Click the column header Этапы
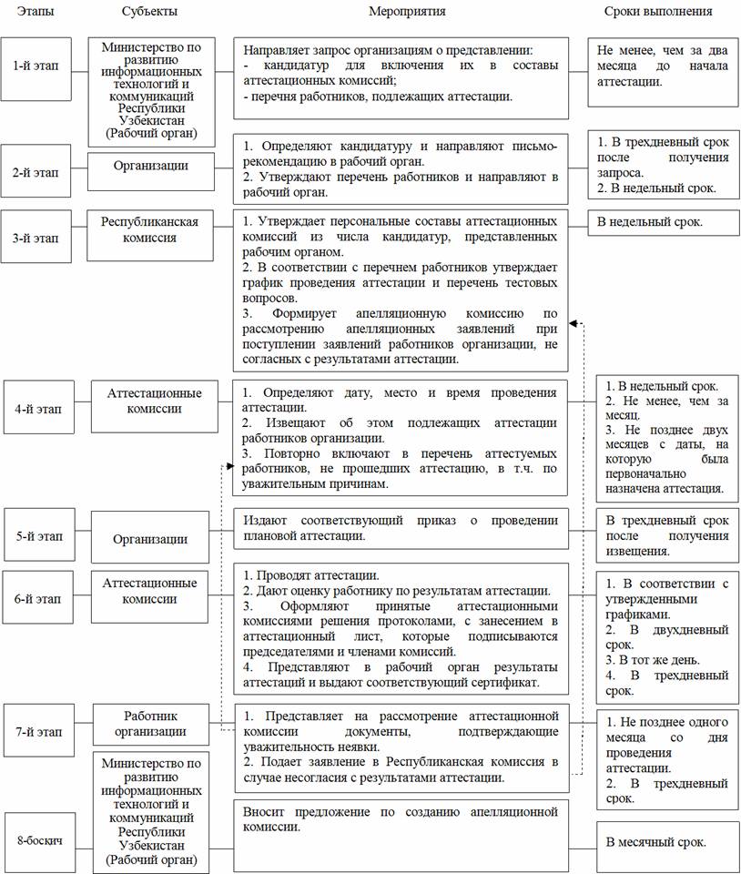click(35, 11)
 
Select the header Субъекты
click(149, 11)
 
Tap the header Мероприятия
click(407, 11)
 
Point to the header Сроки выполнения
click(658, 11)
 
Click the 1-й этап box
click(35, 66)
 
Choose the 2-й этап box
click(35, 169)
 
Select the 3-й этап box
click(35, 237)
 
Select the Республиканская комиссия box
click(150, 229)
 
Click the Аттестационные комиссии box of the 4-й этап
click(155, 401)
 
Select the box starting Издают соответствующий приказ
click(401, 527)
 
